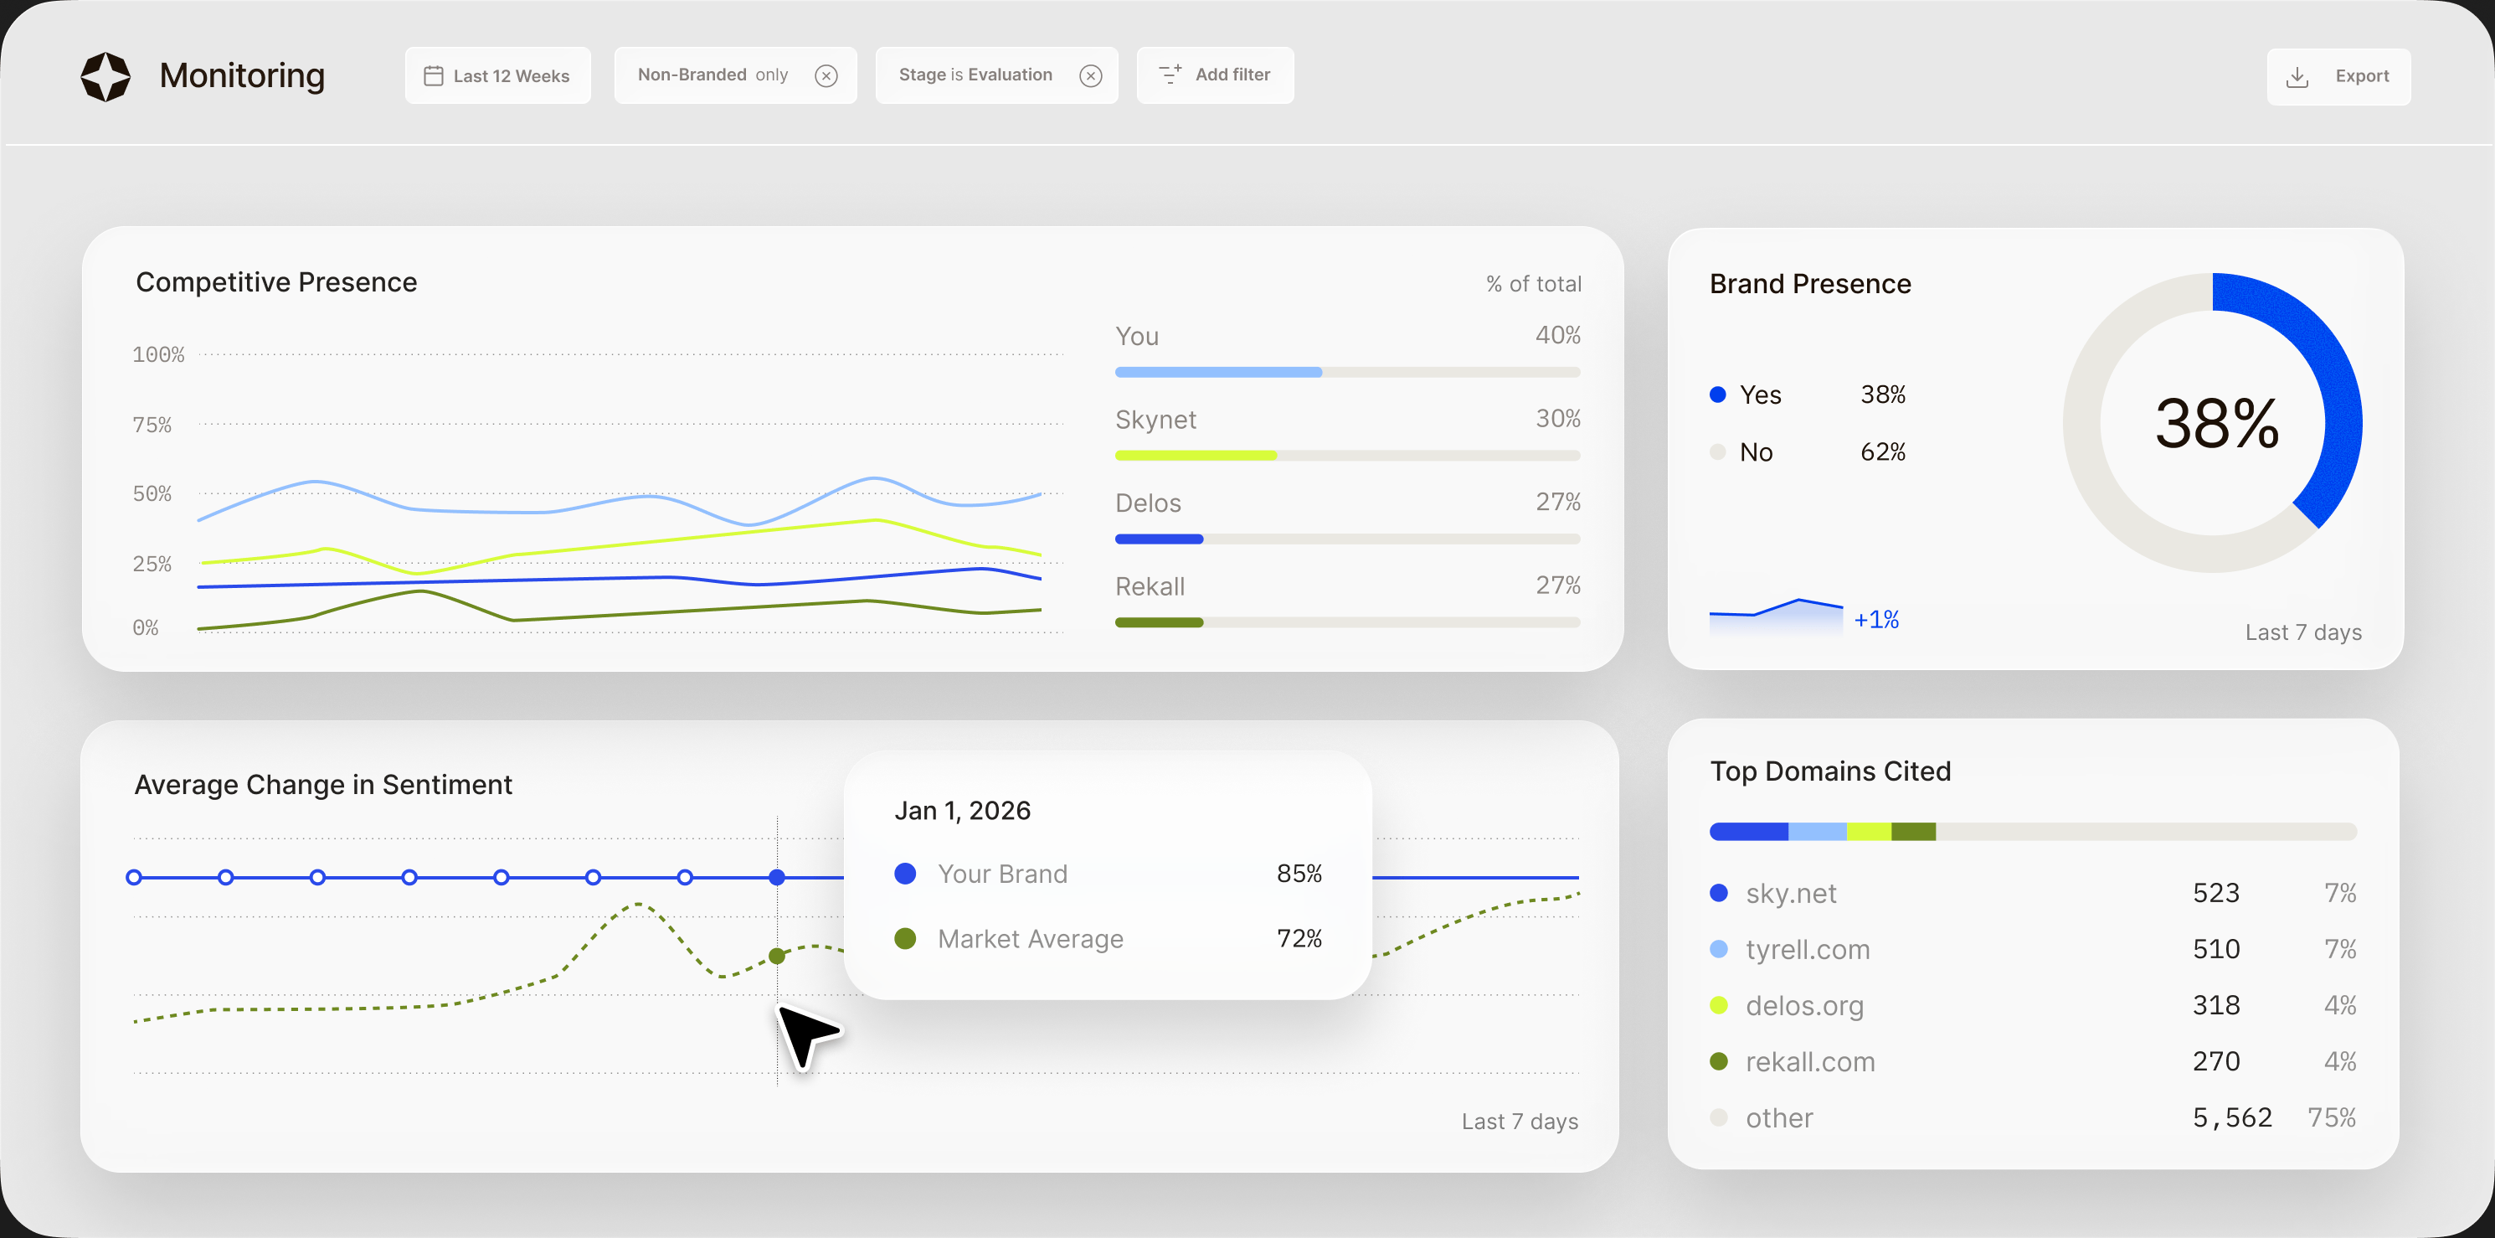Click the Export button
pyautogui.click(x=2338, y=76)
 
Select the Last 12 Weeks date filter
pyautogui.click(x=498, y=75)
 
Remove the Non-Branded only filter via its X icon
pyautogui.click(x=826, y=75)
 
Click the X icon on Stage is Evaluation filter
pyautogui.click(x=1091, y=75)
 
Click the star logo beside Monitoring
pyautogui.click(x=105, y=76)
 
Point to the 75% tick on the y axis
pyautogui.click(x=152, y=426)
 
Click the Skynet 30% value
pyautogui.click(x=1557, y=419)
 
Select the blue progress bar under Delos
pyautogui.click(x=1159, y=539)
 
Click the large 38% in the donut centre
pyautogui.click(x=2216, y=423)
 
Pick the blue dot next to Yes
pyautogui.click(x=1718, y=395)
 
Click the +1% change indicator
pyautogui.click(x=1876, y=620)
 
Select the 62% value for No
pyautogui.click(x=1882, y=452)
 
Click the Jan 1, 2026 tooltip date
pyautogui.click(x=962, y=811)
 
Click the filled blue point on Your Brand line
pyautogui.click(x=777, y=878)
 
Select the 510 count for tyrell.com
pyautogui.click(x=2216, y=949)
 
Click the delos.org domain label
pyautogui.click(x=1804, y=1005)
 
